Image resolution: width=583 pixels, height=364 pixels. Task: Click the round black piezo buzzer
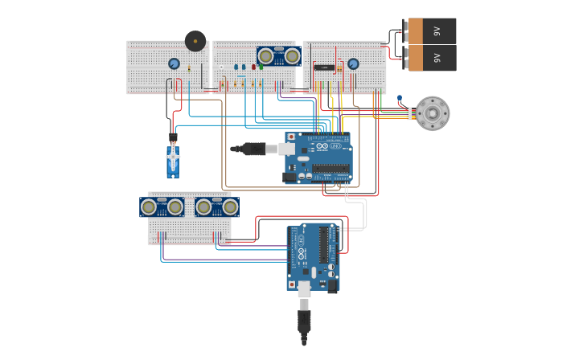pos(195,40)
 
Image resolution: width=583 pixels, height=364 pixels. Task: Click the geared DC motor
pos(433,113)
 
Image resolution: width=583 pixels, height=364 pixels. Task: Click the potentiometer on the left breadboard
pos(174,63)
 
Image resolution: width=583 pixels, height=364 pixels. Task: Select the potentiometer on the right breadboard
pos(353,63)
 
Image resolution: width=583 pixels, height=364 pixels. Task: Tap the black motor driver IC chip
pos(324,67)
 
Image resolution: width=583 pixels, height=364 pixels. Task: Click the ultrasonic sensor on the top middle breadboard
pos(279,55)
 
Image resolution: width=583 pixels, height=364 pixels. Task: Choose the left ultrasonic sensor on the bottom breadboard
pos(162,207)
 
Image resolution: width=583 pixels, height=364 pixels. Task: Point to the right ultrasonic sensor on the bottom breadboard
pos(217,207)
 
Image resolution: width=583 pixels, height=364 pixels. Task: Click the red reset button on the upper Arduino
pos(291,137)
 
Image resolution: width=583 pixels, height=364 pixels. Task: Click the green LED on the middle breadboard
pos(261,67)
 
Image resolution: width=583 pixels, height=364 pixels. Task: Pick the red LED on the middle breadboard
pos(253,67)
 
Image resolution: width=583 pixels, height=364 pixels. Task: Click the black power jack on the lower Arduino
pos(332,284)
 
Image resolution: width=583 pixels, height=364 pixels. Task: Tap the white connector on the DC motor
pos(409,113)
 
